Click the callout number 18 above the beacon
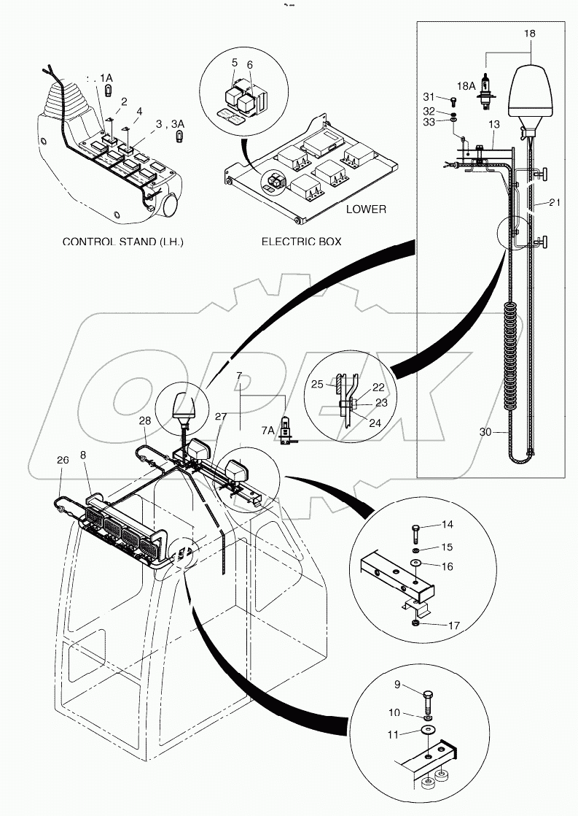[x=529, y=34]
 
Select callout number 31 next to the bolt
[x=429, y=98]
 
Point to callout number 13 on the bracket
[x=494, y=126]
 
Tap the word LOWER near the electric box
[x=366, y=209]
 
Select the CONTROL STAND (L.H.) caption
[x=122, y=240]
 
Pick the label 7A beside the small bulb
[x=265, y=431]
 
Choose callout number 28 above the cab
[x=144, y=421]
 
